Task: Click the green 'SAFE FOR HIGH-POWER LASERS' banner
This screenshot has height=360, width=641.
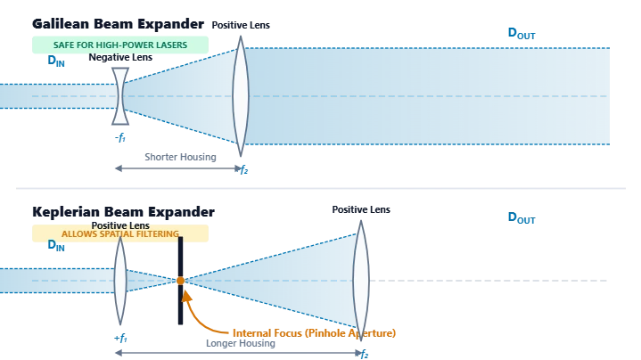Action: [120, 45]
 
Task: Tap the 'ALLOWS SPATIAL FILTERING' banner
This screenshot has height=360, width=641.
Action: [120, 233]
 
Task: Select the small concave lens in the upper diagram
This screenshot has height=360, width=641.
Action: [120, 95]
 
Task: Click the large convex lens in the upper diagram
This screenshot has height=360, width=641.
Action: [240, 95]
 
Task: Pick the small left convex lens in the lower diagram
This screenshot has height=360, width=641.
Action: [120, 281]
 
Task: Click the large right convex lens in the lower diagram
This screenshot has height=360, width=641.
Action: [360, 281]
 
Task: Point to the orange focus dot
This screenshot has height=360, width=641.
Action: [180, 281]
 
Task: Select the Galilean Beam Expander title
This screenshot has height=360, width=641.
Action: [147, 21]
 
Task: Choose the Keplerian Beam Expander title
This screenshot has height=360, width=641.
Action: [120, 213]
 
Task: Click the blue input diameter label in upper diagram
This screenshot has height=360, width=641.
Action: [58, 62]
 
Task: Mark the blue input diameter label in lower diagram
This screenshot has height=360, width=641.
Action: [58, 247]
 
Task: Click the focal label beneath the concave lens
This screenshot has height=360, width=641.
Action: [121, 136]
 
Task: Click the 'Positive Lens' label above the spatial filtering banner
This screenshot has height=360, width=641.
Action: [120, 225]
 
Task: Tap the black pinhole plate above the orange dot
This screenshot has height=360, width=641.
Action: [178, 258]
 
